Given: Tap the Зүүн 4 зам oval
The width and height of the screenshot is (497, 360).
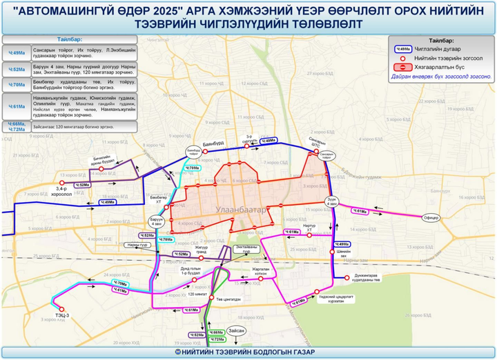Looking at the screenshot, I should (x=331, y=202).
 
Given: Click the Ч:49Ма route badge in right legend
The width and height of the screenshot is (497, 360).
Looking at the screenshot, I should (x=404, y=50).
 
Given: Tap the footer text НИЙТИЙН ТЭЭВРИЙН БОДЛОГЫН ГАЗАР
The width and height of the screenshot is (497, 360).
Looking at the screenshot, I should (x=248, y=352).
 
